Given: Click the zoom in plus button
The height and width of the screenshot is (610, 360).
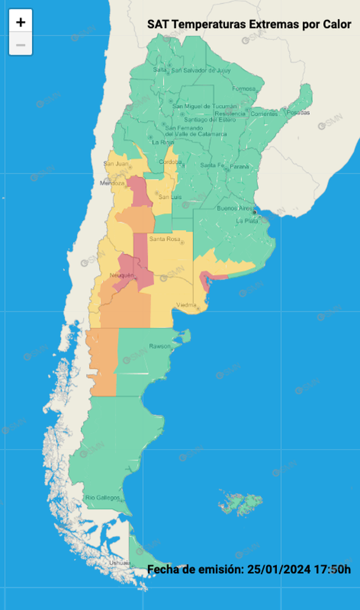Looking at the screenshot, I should click(21, 22).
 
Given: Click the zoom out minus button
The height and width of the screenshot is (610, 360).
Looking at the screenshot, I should click(21, 45).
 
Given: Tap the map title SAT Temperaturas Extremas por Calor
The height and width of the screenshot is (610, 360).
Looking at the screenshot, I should click(249, 24).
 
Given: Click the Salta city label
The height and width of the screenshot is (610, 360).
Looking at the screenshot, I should click(160, 70).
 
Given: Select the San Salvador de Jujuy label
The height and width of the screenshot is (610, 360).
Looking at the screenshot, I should click(201, 70).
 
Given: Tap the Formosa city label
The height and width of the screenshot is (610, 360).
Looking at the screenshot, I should click(244, 89).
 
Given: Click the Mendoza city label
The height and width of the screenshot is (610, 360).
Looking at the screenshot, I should click(113, 183).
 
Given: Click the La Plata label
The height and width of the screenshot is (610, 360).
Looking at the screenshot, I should click(247, 221).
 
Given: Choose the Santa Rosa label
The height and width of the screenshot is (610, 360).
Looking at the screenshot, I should click(165, 239).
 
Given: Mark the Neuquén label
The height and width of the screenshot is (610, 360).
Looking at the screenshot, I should click(122, 276).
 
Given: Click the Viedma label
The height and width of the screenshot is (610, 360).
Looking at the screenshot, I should click(186, 304).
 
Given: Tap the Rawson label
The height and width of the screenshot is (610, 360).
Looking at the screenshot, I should click(160, 346).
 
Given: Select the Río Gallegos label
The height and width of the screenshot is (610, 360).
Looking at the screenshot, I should click(103, 498).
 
